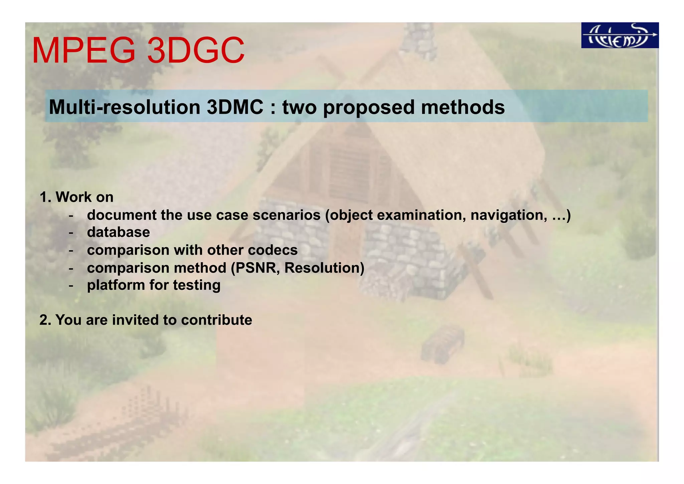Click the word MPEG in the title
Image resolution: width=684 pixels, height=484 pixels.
(x=83, y=51)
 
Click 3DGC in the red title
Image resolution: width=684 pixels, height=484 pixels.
(x=196, y=51)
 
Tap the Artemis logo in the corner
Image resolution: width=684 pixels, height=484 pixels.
(x=620, y=35)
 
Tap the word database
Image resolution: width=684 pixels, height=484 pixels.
(x=118, y=232)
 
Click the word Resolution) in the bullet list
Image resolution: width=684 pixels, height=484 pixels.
(x=324, y=268)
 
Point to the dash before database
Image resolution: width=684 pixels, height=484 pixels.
(x=71, y=232)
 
